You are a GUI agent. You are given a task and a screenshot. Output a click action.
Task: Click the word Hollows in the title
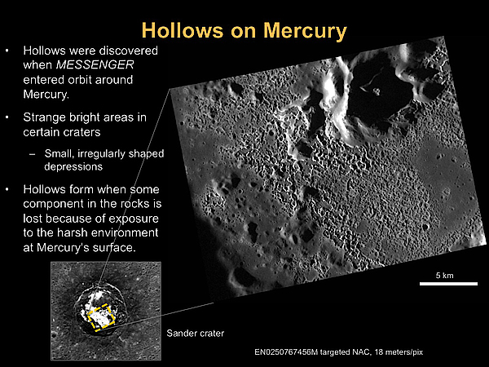click(183, 30)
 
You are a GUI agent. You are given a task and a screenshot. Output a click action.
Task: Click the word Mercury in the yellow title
click(305, 32)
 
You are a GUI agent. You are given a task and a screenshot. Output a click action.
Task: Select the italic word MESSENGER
click(95, 65)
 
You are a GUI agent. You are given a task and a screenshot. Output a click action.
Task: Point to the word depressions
click(73, 166)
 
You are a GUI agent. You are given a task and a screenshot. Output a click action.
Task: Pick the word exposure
click(134, 219)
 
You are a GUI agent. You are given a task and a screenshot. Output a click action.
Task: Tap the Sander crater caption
click(196, 334)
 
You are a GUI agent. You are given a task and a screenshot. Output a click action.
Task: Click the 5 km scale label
click(445, 276)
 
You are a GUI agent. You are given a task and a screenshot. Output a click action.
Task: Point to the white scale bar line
click(448, 284)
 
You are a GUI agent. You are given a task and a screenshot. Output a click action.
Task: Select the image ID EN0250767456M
click(286, 352)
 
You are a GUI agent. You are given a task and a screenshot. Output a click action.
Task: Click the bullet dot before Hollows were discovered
click(7, 51)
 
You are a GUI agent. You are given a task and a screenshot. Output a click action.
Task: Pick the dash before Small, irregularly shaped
click(32, 154)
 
